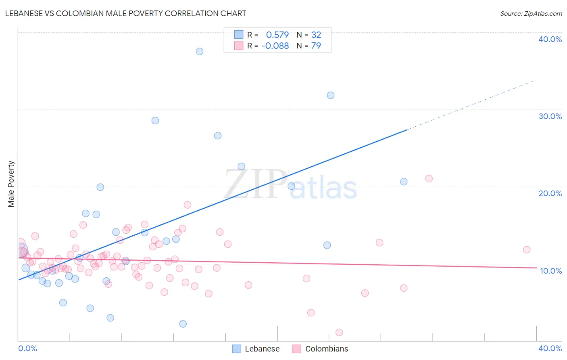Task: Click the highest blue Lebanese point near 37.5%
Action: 199,51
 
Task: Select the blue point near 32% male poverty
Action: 330,95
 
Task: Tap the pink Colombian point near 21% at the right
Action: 429,178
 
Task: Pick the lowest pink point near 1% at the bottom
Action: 339,333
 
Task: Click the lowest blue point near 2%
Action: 183,324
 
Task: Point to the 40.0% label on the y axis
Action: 550,39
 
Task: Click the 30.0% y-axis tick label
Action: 550,116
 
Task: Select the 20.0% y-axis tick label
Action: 550,193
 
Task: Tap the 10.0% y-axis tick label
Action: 550,271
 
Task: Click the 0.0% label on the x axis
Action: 27,348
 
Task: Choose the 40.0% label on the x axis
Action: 550,348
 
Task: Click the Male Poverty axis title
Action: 11,184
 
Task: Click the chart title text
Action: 125,13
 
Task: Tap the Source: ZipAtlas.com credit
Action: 531,13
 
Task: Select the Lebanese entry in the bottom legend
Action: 256,349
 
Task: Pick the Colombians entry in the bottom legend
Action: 320,349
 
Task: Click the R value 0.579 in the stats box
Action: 277,35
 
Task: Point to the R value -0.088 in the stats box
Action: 275,46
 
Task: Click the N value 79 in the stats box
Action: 316,46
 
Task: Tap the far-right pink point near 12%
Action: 526,249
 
